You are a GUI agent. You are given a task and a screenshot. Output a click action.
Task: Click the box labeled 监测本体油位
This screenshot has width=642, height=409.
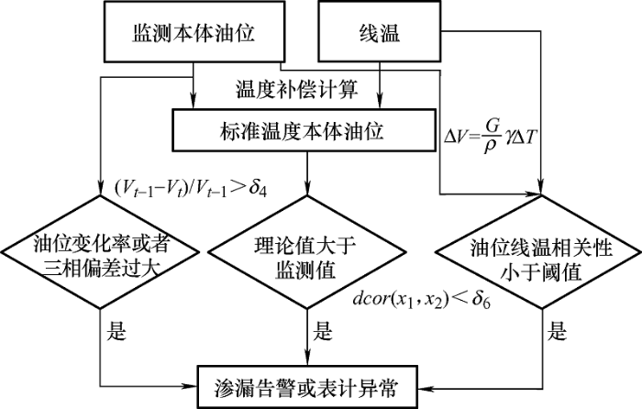[194, 31]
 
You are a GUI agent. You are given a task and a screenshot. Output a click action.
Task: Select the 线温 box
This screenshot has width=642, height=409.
[380, 31]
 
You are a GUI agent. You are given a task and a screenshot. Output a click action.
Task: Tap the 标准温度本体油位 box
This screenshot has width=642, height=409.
[304, 130]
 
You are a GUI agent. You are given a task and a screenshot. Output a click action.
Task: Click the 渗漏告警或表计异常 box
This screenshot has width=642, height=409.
[308, 386]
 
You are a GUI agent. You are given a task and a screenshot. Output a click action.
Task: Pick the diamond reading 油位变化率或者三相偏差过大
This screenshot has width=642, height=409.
[100, 252]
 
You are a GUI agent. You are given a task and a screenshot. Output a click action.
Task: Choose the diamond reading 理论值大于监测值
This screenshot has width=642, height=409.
[306, 252]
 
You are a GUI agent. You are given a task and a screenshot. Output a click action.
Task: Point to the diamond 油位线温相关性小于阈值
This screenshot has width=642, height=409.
[541, 252]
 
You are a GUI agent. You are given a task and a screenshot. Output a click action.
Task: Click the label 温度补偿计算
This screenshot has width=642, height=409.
[297, 89]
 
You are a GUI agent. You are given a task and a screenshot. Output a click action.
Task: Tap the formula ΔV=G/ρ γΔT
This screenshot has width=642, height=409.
[490, 137]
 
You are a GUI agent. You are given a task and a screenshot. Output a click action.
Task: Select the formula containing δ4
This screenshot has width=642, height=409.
[191, 188]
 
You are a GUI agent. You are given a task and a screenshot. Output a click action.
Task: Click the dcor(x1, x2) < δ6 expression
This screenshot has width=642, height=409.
[422, 300]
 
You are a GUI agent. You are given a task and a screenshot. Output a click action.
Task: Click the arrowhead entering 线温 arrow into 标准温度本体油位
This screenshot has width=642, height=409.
[380, 103]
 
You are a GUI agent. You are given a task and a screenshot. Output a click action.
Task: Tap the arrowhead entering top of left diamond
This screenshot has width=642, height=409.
[100, 189]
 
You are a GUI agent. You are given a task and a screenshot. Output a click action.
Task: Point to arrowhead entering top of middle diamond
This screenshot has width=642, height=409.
[306, 189]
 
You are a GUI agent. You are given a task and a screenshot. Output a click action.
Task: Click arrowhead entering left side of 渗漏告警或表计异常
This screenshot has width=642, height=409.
[191, 386]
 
